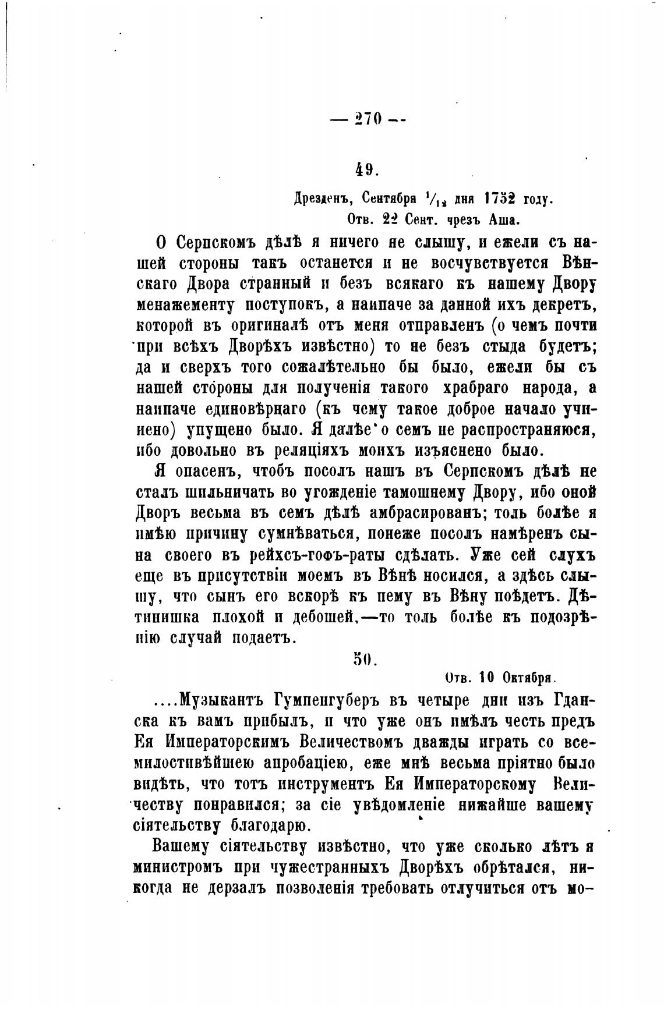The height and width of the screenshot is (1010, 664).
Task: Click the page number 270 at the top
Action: pos(367,119)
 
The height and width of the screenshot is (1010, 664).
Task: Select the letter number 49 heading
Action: pos(367,169)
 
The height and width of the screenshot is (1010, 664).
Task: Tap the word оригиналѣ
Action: pos(252,325)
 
